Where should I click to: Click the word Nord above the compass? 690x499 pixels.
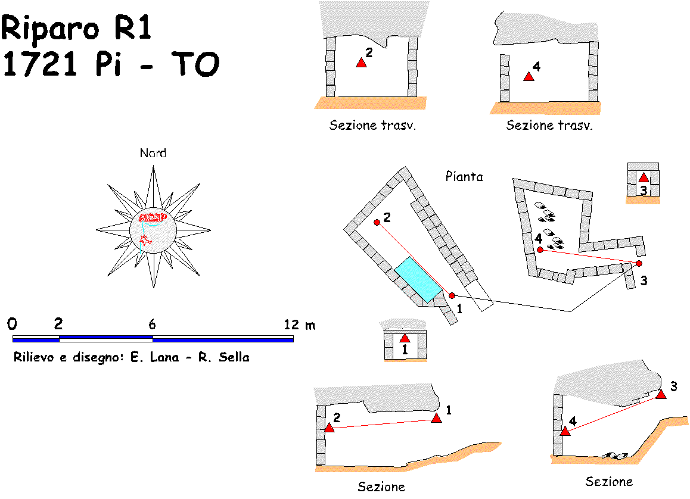tap(153, 153)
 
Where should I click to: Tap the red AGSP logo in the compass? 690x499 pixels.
tap(152, 217)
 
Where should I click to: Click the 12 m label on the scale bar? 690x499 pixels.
tap(300, 325)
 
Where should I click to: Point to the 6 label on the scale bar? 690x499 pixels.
tap(152, 325)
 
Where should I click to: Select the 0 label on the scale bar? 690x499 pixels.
tap(13, 325)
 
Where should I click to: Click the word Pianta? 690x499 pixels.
tap(464, 177)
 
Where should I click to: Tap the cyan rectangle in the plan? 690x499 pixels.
tap(418, 279)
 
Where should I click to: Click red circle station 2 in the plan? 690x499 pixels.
tap(377, 222)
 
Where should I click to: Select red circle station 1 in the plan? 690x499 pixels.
tap(452, 295)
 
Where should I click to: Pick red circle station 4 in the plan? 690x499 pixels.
tap(540, 250)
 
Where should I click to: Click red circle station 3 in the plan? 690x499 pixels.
tap(639, 263)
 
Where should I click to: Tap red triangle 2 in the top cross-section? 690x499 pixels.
tap(360, 63)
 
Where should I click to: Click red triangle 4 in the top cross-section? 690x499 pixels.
tap(528, 77)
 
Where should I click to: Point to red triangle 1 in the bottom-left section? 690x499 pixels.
tap(436, 419)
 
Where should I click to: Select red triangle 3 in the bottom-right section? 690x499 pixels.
tap(661, 394)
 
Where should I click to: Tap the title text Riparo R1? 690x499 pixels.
tap(77, 28)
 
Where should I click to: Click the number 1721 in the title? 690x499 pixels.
tap(41, 64)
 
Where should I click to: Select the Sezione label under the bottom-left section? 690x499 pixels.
tap(381, 487)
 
